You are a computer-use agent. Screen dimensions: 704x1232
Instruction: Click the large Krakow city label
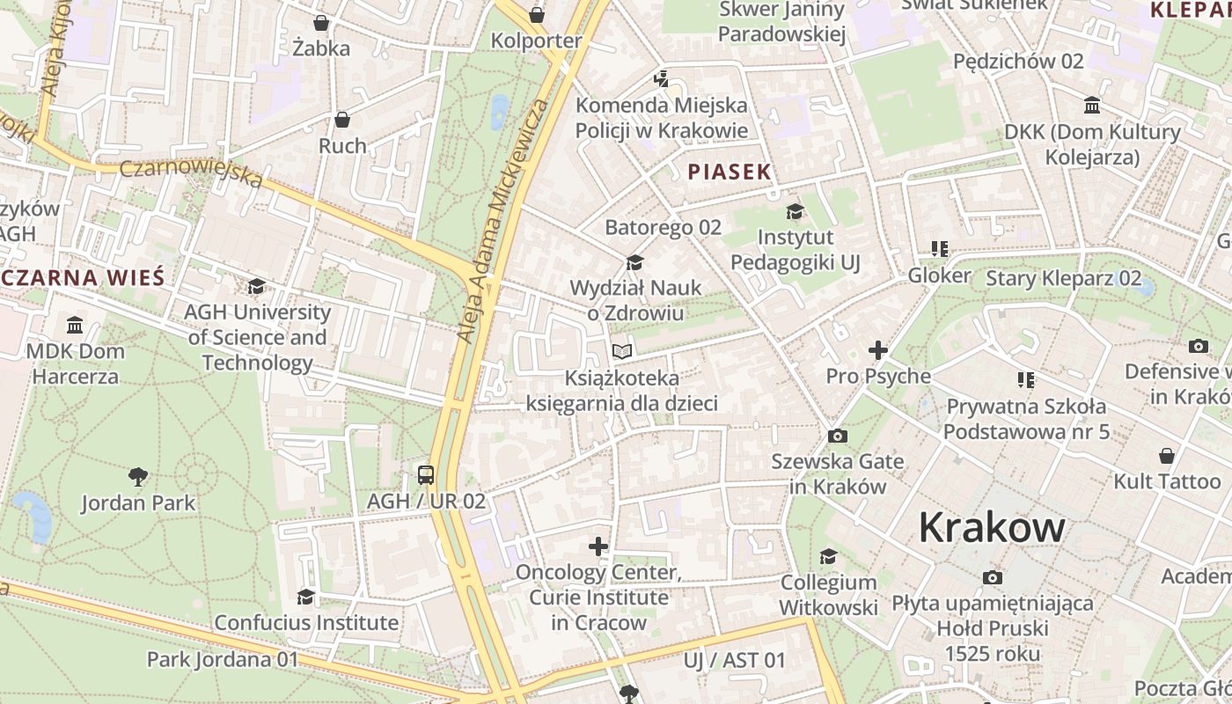click(x=992, y=528)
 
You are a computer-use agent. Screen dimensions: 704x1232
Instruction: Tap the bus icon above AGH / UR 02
click(x=426, y=475)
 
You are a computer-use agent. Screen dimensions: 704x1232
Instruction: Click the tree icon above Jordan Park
click(x=138, y=478)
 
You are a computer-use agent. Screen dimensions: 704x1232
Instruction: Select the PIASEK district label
click(x=730, y=172)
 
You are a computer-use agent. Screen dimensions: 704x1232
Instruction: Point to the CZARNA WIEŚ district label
click(x=84, y=278)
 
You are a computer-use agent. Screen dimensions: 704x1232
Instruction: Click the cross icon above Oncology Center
click(x=598, y=546)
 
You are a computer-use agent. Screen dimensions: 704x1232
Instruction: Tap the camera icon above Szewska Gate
click(x=838, y=436)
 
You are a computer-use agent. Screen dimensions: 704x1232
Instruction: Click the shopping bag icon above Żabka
click(x=321, y=23)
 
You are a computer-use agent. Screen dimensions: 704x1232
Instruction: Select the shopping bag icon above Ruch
click(x=342, y=120)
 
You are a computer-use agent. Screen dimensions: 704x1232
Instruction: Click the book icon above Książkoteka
click(x=622, y=352)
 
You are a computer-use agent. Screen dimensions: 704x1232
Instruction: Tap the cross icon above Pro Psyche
click(x=877, y=350)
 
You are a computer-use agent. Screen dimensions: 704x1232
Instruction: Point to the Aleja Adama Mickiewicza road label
click(x=502, y=220)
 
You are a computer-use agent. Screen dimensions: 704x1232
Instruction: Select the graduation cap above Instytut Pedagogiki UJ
click(x=795, y=211)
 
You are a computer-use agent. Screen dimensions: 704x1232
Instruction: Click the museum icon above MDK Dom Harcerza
click(x=75, y=326)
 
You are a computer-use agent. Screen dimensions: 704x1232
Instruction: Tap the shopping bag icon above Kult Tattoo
click(x=1166, y=456)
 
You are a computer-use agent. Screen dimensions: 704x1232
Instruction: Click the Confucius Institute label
click(x=306, y=623)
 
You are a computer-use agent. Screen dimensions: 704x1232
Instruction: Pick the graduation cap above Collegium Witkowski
click(x=828, y=556)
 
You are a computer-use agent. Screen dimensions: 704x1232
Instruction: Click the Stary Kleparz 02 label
click(x=1063, y=279)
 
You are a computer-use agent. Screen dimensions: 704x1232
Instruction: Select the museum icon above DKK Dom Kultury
click(x=1092, y=106)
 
